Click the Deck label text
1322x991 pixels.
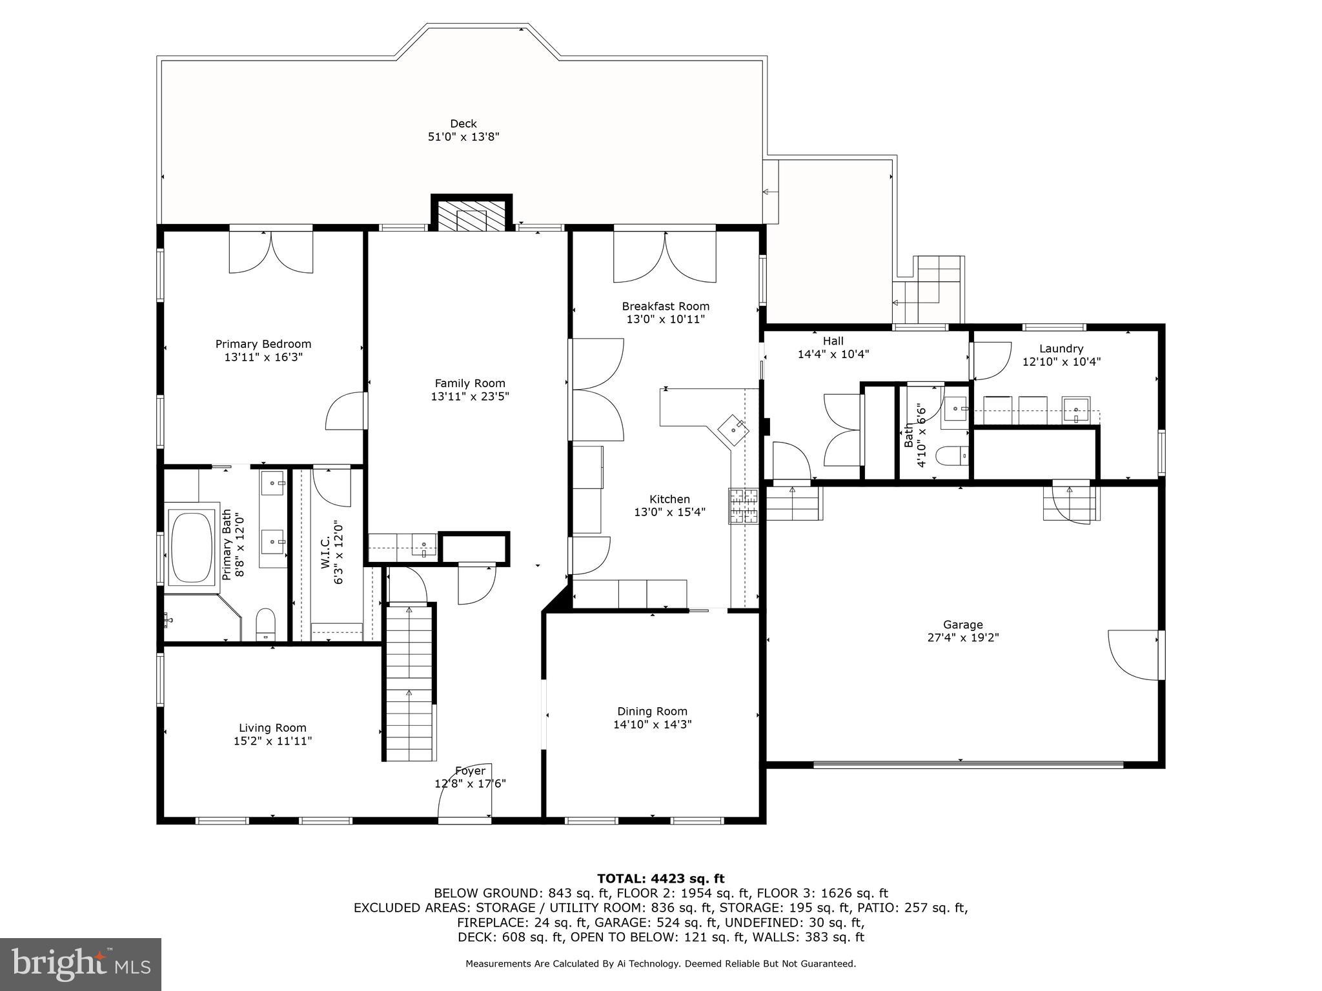click(463, 123)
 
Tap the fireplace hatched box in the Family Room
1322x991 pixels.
click(471, 216)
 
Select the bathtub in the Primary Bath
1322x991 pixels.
click(190, 547)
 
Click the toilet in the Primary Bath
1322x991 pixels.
click(266, 623)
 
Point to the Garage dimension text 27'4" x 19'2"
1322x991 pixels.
click(962, 637)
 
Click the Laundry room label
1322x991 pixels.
click(1061, 348)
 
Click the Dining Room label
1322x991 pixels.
click(652, 711)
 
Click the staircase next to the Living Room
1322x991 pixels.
click(409, 684)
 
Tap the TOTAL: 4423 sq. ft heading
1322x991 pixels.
click(660, 878)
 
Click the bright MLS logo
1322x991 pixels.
click(80, 964)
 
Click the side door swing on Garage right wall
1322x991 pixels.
click(1133, 654)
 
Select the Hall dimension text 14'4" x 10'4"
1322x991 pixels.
click(833, 354)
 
